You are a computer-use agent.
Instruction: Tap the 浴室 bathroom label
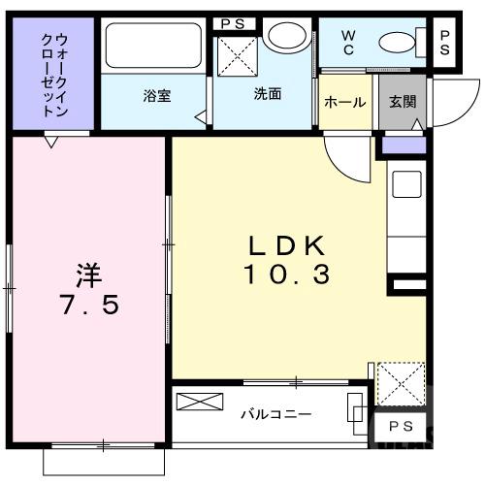156,96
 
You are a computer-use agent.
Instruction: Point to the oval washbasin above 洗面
283,38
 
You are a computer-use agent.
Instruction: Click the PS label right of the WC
445,41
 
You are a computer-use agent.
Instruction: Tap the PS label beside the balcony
399,428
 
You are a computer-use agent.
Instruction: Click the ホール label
344,102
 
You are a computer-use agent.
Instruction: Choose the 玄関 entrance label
402,102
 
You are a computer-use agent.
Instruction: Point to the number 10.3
286,275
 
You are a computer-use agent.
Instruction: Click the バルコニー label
276,414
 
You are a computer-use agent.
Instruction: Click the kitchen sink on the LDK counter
404,184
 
